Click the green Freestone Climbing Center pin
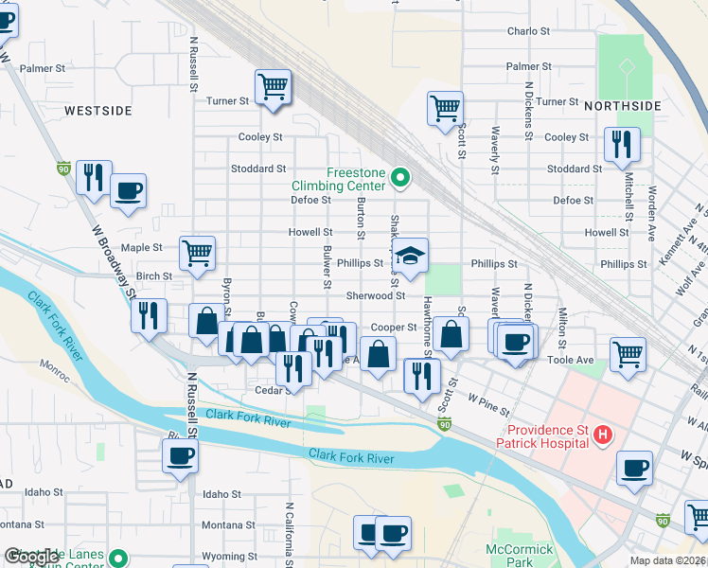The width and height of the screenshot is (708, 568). point(400,177)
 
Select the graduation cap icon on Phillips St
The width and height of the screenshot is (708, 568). point(410,256)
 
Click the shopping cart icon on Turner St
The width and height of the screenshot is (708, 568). point(273,87)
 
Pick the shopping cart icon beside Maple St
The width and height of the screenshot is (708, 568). point(197,252)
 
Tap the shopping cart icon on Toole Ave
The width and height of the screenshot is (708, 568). point(628,354)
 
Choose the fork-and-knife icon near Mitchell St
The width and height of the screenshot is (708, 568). point(622,144)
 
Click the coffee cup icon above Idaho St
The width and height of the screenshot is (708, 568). point(180,457)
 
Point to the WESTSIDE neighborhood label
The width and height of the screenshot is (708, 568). point(98,111)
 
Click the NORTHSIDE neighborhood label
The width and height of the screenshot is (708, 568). point(620,105)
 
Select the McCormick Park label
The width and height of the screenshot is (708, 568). point(511,555)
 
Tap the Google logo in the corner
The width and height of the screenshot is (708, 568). point(31,557)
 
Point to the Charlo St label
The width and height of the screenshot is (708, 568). point(529,31)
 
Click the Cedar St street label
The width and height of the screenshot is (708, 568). point(271,390)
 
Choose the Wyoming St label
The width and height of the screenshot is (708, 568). point(231,557)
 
